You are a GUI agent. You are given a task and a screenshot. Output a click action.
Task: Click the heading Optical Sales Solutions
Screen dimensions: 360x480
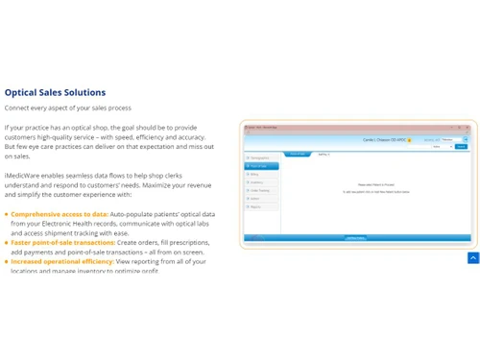[55, 93]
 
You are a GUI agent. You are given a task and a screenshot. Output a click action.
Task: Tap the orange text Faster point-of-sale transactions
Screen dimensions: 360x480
[62, 242]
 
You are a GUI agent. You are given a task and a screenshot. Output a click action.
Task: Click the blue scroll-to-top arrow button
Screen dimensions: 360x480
[473, 258]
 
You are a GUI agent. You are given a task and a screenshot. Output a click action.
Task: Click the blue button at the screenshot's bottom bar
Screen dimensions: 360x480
[355, 237]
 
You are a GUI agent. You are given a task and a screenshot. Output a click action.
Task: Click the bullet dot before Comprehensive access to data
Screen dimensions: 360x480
[7, 214]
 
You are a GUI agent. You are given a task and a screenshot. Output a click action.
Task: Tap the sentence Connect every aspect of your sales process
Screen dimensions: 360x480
[68, 108]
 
